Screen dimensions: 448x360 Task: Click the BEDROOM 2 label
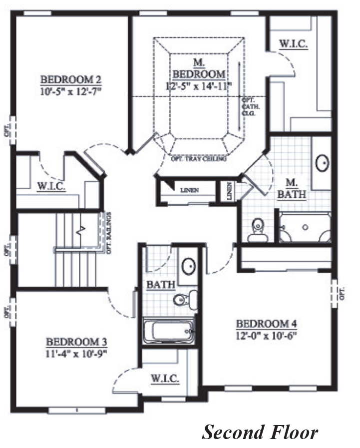coord(71,79)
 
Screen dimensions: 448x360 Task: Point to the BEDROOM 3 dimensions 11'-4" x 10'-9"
coord(76,353)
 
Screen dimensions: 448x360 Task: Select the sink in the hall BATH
coord(189,267)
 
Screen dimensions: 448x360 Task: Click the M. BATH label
coord(292,188)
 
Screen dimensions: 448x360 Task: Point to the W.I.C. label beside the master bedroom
coord(293,44)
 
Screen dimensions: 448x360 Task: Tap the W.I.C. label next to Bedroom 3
coord(165,379)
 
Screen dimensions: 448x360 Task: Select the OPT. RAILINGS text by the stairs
coord(108,233)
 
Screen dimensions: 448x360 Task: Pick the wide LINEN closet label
coord(190,190)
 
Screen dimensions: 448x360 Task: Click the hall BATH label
coord(160,285)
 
